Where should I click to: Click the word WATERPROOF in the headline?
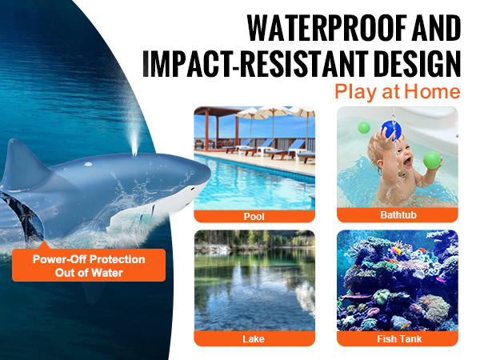tap(327, 28)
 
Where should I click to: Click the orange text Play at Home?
tap(398, 92)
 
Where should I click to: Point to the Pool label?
tap(254, 217)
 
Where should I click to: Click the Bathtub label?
tap(398, 215)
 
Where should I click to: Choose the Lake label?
tap(254, 339)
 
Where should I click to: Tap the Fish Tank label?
tap(399, 339)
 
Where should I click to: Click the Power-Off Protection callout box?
tap(89, 265)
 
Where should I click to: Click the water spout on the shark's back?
tap(134, 139)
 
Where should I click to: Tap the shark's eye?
tap(192, 188)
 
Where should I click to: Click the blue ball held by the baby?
tap(391, 130)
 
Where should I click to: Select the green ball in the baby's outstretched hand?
tap(432, 160)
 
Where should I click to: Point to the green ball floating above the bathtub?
tap(364, 128)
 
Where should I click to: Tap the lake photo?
tap(254, 281)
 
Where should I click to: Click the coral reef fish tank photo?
tap(398, 281)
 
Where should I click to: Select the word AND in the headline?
tap(436, 28)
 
